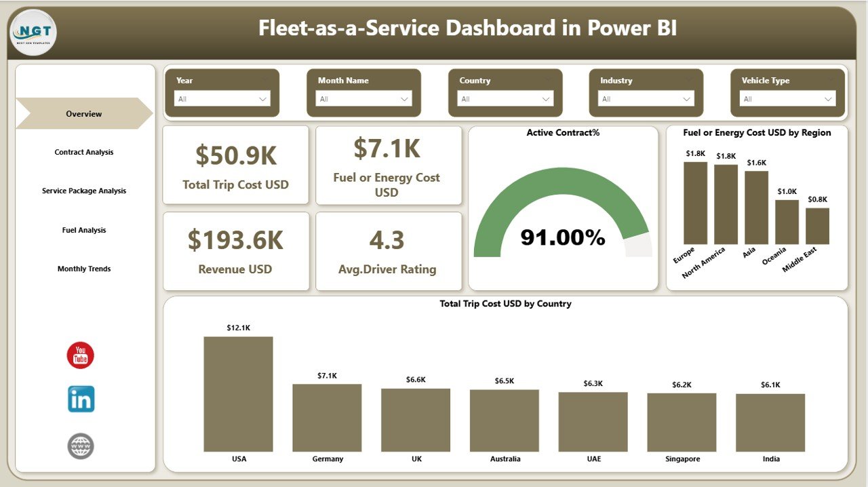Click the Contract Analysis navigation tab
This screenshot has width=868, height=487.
click(x=84, y=153)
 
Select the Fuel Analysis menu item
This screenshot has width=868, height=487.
click(x=84, y=231)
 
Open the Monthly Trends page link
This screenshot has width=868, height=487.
click(x=84, y=269)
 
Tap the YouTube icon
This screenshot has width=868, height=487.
click(x=81, y=355)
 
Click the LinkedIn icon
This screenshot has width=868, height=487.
click(x=81, y=399)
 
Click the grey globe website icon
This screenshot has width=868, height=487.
click(x=81, y=446)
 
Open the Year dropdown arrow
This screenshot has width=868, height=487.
click(x=263, y=99)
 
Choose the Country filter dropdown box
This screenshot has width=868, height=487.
click(x=505, y=99)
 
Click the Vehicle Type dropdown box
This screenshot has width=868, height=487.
click(x=788, y=99)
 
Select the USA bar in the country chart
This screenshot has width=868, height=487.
click(x=239, y=394)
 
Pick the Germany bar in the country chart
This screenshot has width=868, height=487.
click(x=327, y=418)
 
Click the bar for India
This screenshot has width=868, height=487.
click(x=770, y=423)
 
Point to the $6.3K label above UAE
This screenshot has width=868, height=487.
click(x=593, y=384)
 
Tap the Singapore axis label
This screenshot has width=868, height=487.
click(x=682, y=459)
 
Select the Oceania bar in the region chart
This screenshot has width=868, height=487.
click(x=787, y=222)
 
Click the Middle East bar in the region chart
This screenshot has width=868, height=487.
click(x=817, y=226)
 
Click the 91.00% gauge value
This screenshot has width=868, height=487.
click(x=563, y=237)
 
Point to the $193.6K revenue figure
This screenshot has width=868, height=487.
click(x=236, y=240)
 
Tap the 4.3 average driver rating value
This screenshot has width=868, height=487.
click(x=387, y=240)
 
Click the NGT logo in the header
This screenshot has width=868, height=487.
click(x=34, y=32)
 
